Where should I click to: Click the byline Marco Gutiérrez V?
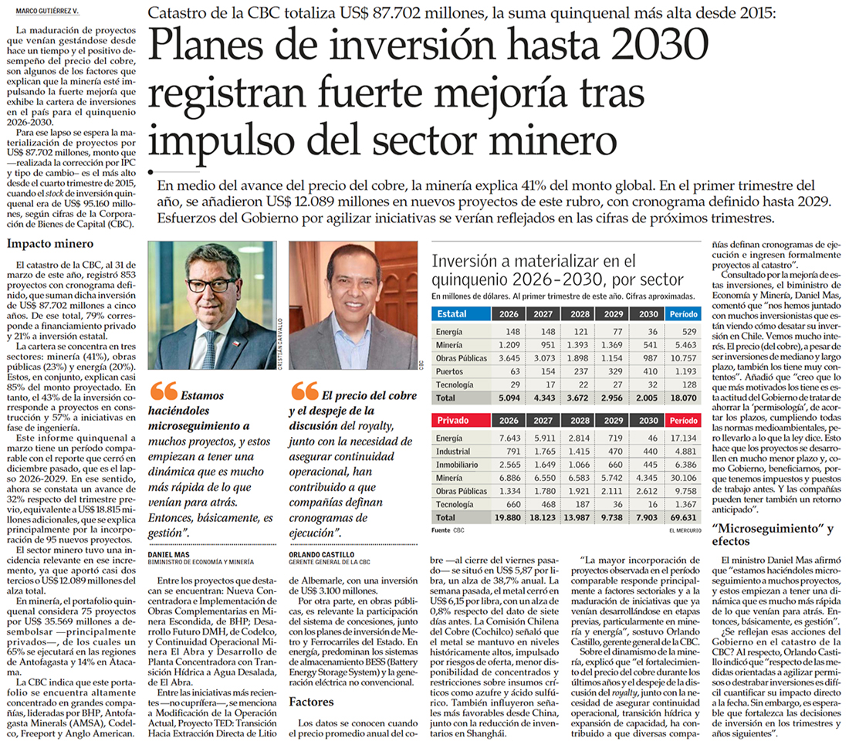click(46, 11)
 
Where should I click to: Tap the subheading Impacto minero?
click(50, 244)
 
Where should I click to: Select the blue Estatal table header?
click(461, 313)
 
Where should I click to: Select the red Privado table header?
click(461, 420)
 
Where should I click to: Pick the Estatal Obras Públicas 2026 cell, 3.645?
click(509, 358)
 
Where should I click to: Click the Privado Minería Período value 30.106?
click(683, 478)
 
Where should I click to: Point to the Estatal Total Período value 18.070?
click(683, 398)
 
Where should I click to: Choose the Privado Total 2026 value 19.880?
click(507, 517)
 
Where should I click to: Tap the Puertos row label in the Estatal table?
click(449, 371)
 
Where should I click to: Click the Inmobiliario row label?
click(457, 465)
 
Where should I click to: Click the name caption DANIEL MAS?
click(169, 555)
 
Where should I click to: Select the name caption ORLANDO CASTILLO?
click(322, 555)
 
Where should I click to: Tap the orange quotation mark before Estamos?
click(164, 391)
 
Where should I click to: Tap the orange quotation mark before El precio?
click(304, 391)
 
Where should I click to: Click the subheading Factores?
click(311, 702)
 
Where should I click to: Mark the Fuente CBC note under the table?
click(448, 530)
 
